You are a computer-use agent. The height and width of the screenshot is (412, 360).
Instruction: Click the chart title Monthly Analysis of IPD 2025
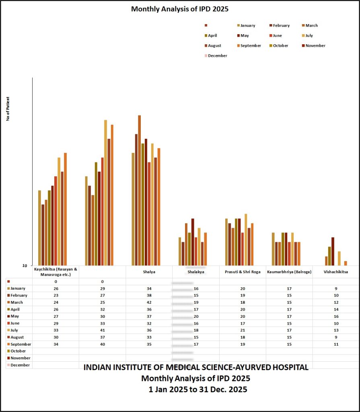tap(179, 8)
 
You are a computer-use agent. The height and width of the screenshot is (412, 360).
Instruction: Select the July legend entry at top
tap(309, 35)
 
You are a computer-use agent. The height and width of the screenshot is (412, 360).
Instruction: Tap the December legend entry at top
tap(217, 56)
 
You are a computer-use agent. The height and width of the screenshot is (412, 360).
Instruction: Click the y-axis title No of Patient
tap(8, 109)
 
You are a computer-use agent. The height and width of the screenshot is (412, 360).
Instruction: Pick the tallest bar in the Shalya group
tap(140, 190)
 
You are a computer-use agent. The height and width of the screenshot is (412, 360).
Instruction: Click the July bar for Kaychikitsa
tap(59, 211)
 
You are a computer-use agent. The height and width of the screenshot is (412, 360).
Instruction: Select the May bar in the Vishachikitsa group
tap(333, 251)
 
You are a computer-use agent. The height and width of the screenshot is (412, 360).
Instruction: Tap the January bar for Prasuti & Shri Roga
tap(226, 242)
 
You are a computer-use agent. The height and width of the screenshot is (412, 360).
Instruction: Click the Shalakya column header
tap(196, 272)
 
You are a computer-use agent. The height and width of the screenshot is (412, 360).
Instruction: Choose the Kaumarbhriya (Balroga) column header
tap(289, 272)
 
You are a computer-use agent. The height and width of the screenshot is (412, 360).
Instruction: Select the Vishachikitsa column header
tap(336, 272)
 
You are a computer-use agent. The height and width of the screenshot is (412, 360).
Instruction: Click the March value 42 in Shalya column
tap(149, 302)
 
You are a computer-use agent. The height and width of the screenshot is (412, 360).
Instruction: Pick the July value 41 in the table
tap(102, 330)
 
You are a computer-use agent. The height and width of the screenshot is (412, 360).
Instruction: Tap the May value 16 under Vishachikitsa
tap(336, 316)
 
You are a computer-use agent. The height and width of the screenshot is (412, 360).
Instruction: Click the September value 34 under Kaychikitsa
tap(56, 344)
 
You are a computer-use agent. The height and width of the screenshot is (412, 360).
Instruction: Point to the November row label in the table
tap(21, 358)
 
